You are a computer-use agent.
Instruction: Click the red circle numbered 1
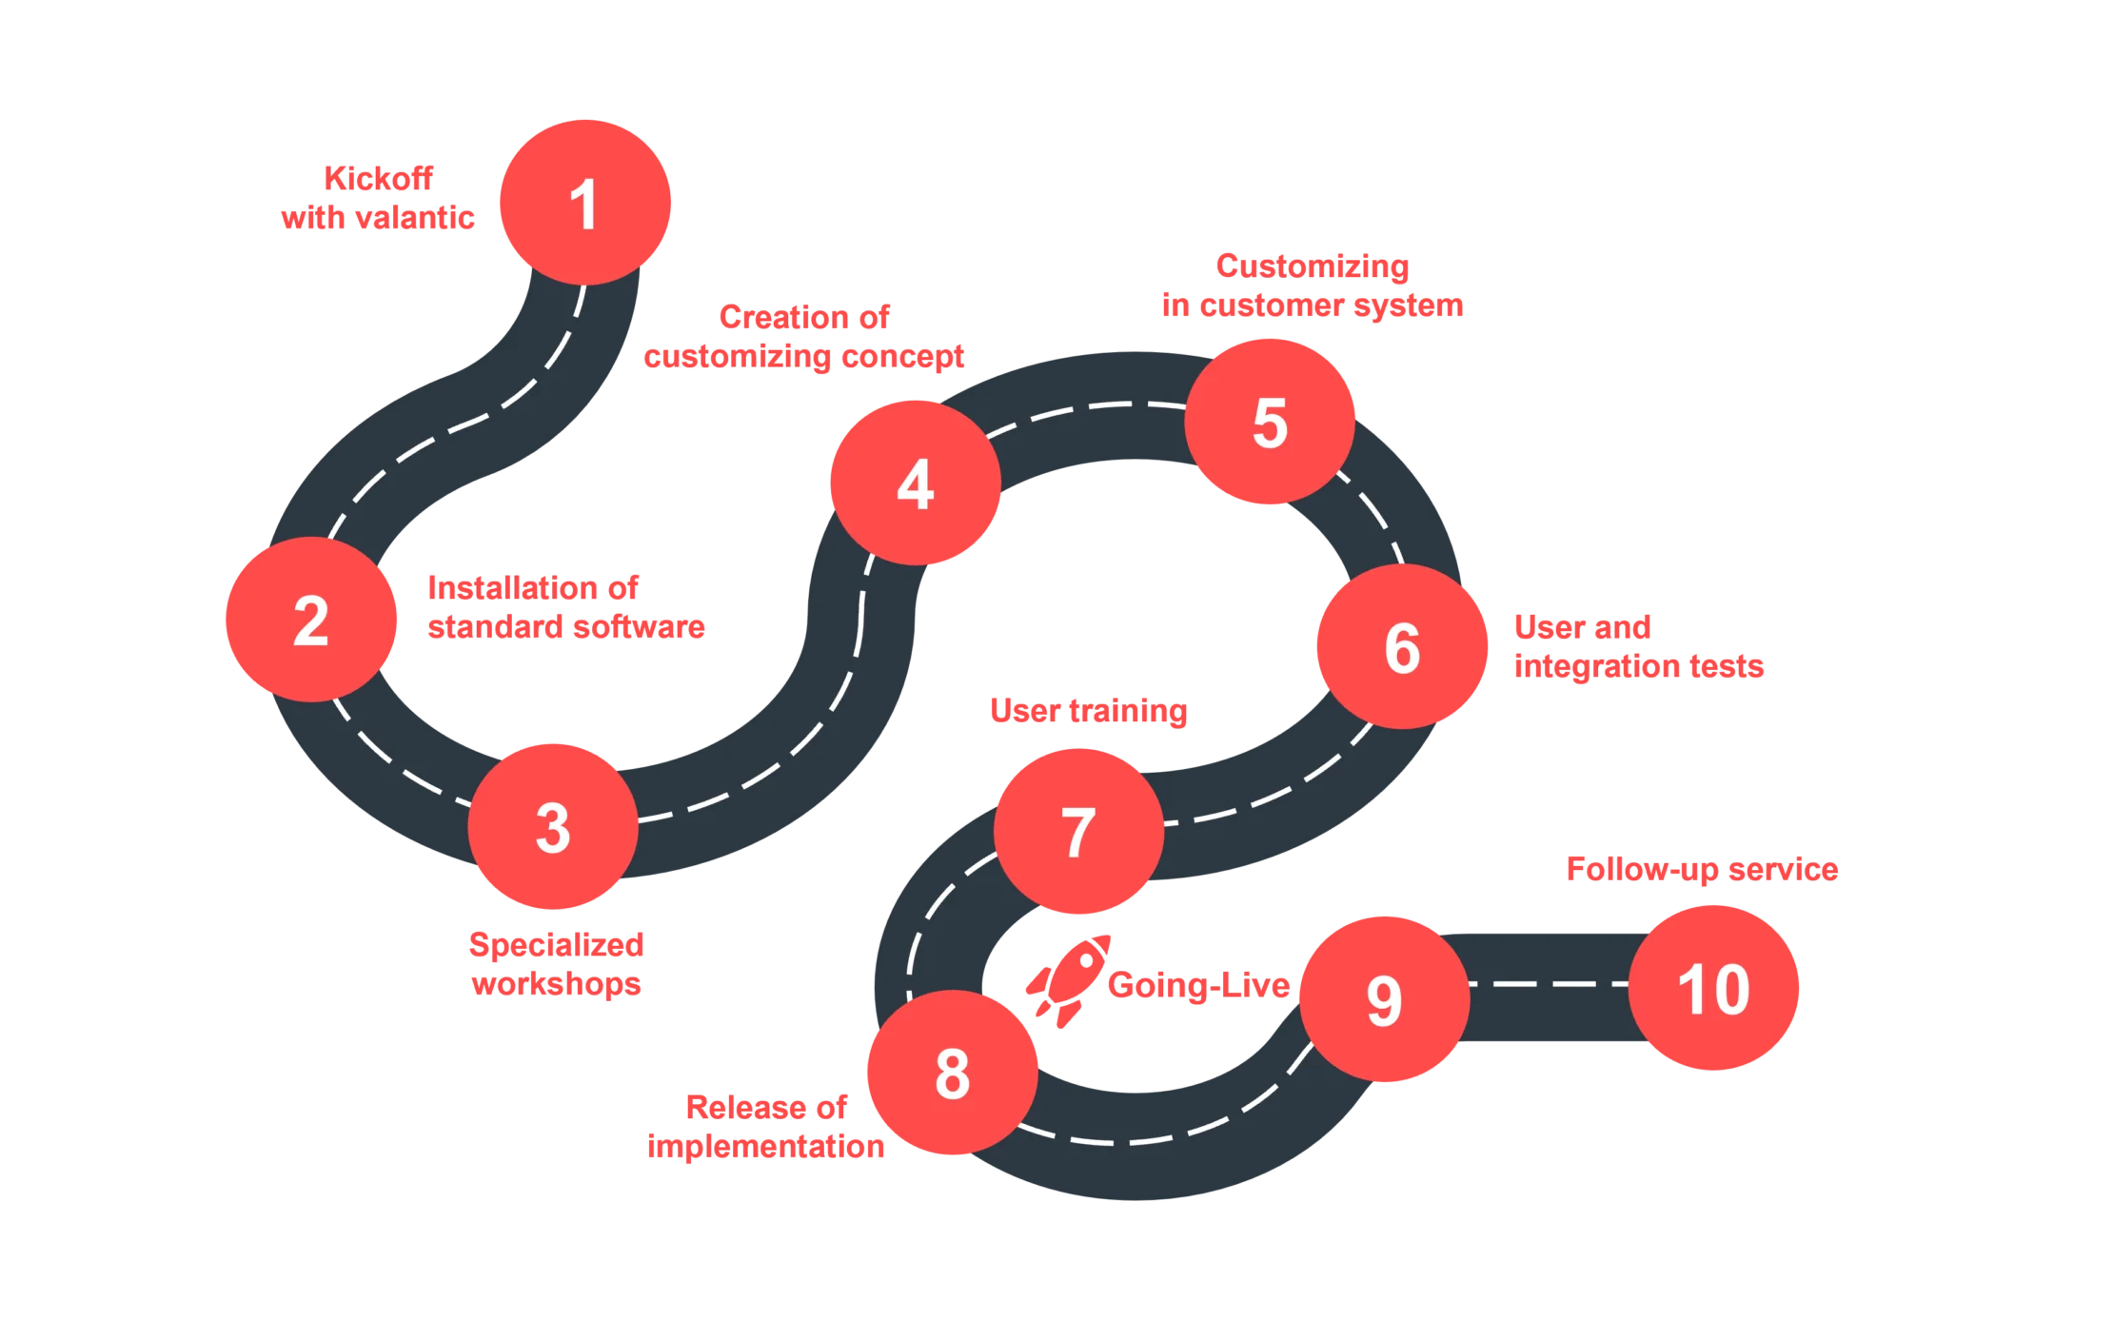[585, 202]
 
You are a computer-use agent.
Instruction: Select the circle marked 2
[310, 620]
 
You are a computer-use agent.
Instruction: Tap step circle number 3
[553, 827]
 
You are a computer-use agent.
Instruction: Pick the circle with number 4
[915, 483]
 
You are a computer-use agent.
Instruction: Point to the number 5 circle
[1270, 422]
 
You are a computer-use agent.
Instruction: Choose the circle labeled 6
[1402, 647]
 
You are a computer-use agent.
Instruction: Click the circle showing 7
[1078, 831]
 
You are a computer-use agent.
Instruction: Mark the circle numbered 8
[952, 1073]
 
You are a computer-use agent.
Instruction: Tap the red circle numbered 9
[1384, 999]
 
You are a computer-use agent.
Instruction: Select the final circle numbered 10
[1713, 989]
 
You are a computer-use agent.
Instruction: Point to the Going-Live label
[1198, 985]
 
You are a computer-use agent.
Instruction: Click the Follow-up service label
[1701, 869]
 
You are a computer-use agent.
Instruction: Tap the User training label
[1088, 710]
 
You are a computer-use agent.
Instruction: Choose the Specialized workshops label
[556, 963]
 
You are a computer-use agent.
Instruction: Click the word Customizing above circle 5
[1312, 266]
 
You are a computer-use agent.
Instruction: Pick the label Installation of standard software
[565, 607]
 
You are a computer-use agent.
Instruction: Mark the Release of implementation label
[766, 1126]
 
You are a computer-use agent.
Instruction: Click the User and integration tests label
[1638, 646]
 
